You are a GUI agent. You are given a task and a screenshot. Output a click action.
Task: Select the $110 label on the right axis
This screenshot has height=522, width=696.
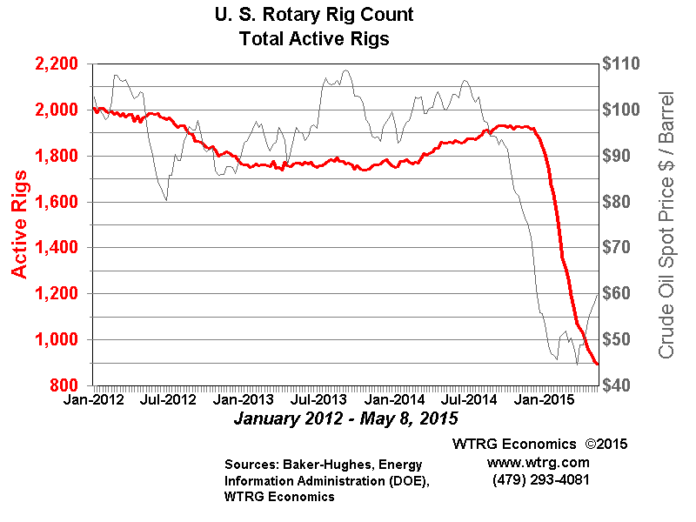point(624,64)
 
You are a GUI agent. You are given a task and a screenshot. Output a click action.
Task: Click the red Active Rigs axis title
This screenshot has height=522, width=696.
point(19,224)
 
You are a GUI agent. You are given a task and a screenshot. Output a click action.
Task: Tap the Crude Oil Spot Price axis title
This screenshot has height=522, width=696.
point(667,224)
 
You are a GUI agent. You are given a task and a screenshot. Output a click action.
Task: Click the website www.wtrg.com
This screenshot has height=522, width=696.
point(539,462)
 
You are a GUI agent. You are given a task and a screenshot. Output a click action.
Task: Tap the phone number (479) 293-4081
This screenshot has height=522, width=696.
point(539,479)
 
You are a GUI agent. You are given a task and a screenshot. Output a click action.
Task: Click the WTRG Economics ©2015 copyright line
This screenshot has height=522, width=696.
point(539,444)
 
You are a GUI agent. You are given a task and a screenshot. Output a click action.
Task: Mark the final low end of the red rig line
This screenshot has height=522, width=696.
point(596,364)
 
